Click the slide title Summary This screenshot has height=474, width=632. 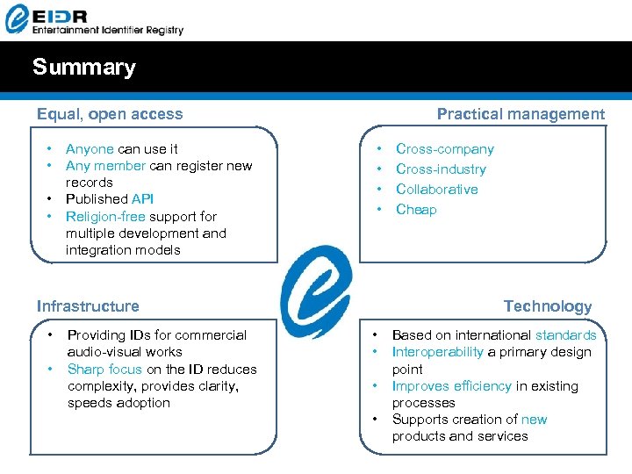click(84, 68)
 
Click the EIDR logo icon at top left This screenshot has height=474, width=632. click(18, 18)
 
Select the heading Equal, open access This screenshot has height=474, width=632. click(110, 114)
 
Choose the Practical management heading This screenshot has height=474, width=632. click(521, 114)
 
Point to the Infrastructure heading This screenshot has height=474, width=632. click(88, 306)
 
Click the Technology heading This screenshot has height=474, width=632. click(548, 306)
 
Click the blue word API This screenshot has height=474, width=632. click(142, 199)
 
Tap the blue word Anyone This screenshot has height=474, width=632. click(90, 149)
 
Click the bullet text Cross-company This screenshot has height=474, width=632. click(445, 149)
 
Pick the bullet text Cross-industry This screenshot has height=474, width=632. click(441, 169)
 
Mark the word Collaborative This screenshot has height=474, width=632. click(437, 190)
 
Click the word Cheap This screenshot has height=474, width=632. click(416, 210)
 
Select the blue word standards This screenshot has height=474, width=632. click(566, 335)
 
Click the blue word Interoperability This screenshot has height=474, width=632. click(437, 352)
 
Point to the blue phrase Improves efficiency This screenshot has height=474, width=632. click(451, 386)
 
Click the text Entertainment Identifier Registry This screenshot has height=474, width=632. click(108, 30)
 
